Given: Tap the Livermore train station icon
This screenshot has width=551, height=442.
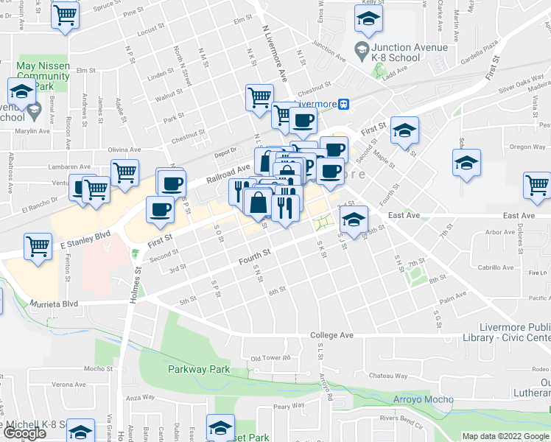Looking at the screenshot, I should tap(343, 104).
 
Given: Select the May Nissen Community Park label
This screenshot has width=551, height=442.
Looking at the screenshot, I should tap(43, 76).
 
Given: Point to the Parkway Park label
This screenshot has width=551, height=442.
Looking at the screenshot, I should tap(199, 369).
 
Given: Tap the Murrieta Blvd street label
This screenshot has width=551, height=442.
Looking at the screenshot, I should tap(54, 304).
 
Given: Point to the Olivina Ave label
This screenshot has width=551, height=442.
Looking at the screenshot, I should tap(124, 150).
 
